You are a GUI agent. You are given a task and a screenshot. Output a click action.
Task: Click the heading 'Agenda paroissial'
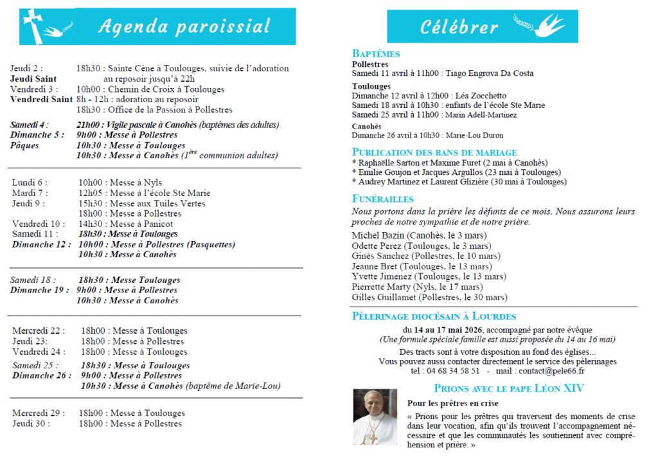[x=184, y=26]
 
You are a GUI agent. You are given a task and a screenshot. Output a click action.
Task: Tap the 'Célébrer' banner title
[x=459, y=27]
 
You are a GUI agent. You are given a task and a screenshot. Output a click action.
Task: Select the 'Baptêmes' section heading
[x=376, y=54]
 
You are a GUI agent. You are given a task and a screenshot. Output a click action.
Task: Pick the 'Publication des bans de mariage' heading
[x=434, y=152]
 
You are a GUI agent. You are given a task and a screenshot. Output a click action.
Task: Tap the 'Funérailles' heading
[x=383, y=199]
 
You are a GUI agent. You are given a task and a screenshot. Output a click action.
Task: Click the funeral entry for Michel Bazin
[x=416, y=235]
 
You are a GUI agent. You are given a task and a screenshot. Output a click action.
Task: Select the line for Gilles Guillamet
[x=429, y=297]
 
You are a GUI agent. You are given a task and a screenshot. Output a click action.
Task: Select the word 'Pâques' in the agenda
[x=24, y=145]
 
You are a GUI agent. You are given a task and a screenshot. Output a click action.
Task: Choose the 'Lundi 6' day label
[x=29, y=183]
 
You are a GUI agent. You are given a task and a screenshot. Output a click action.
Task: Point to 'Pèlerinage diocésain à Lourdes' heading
[x=434, y=316]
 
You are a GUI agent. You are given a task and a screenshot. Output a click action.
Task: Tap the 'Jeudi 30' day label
[x=30, y=424]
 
